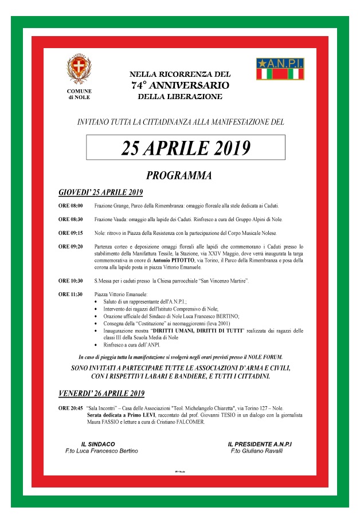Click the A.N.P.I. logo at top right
click(280, 69)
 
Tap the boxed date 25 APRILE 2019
click(186, 148)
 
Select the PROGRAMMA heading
click(179, 175)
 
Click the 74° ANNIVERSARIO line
click(179, 85)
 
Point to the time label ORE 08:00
click(71, 205)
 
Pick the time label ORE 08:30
click(71, 219)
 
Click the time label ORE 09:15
click(71, 233)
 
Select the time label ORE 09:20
click(71, 247)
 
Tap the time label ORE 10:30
click(71, 281)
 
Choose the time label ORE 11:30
click(71, 294)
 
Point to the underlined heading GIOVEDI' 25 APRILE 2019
click(101, 191)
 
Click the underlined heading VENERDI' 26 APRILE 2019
click(101, 394)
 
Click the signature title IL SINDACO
click(98, 444)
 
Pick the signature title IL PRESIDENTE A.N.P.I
click(264, 444)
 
